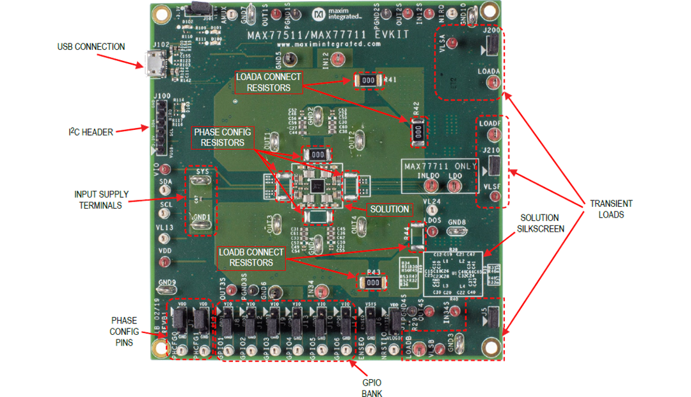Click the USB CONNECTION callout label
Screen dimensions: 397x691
(x=91, y=47)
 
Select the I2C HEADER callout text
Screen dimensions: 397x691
(x=91, y=132)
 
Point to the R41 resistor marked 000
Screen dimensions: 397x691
(x=367, y=80)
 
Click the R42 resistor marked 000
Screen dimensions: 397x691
(x=417, y=132)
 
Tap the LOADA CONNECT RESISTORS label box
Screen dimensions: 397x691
(x=267, y=82)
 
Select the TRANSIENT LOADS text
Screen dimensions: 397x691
(x=602, y=209)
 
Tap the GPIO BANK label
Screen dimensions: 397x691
(x=371, y=387)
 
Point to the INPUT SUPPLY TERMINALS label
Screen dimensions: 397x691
(x=101, y=199)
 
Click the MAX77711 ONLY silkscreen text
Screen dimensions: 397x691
(x=440, y=166)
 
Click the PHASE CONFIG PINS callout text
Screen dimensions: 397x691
(x=123, y=331)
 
